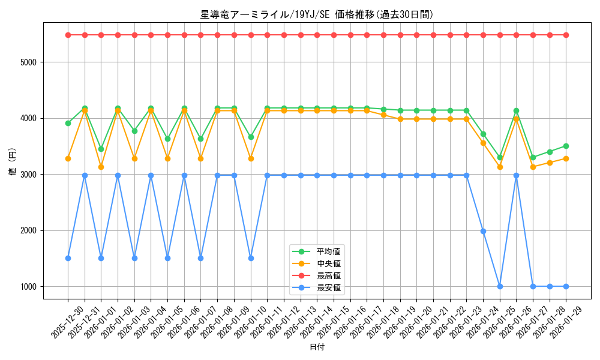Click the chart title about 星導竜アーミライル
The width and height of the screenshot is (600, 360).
tap(317, 14)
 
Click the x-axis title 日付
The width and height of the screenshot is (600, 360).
tap(317, 347)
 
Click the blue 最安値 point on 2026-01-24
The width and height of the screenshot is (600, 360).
tap(483, 231)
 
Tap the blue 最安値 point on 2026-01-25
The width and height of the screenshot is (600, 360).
tap(500, 286)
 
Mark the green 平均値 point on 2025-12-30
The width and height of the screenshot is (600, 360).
tap(68, 123)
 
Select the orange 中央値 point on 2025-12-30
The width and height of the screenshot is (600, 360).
tap(68, 158)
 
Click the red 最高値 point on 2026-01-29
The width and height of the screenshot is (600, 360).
tap(566, 35)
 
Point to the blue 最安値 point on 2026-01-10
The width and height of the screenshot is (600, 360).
tap(251, 258)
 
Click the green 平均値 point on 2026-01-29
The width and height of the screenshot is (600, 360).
tap(566, 146)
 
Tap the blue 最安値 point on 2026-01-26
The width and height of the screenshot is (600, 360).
tap(516, 175)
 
